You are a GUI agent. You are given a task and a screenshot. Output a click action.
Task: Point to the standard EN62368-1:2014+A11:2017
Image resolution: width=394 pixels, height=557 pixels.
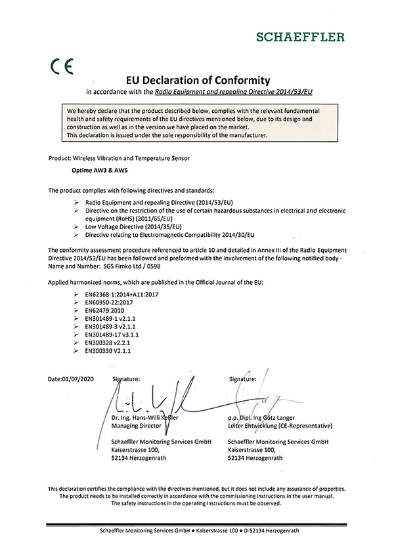point(121,295)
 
